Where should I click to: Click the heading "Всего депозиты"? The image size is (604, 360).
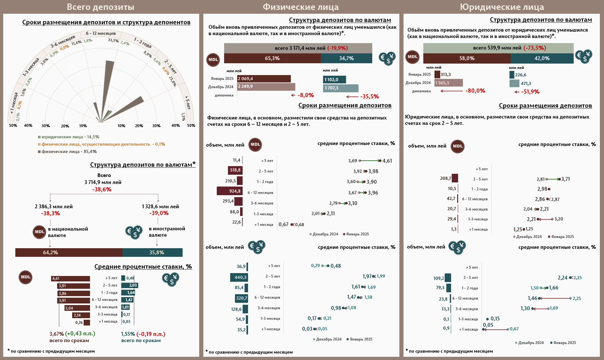[x=100, y=7]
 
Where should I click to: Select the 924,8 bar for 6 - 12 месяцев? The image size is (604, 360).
[x=230, y=191]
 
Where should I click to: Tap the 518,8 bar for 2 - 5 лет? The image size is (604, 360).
[x=235, y=170]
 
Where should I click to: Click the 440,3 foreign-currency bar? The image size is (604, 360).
[x=239, y=277]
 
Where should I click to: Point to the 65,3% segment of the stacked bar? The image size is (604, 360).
[x=272, y=58]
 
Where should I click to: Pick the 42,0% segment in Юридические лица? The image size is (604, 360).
[x=542, y=58]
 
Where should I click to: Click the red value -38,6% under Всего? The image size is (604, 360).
[x=102, y=189]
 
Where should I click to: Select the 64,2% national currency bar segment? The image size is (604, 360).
[x=69, y=252]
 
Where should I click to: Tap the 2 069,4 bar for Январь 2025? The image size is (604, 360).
[x=264, y=79]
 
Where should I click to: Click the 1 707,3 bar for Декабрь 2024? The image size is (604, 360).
[x=340, y=88]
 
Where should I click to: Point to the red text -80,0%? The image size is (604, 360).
[x=475, y=91]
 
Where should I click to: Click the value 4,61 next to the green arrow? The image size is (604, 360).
[x=387, y=161]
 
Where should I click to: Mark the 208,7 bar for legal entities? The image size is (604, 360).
[x=455, y=178]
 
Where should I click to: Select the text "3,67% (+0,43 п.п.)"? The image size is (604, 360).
[x=72, y=334]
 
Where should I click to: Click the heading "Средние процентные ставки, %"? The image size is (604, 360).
[x=143, y=267]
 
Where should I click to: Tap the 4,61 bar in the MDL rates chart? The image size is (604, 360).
[x=71, y=279]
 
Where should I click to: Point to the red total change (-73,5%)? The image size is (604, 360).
[x=535, y=48]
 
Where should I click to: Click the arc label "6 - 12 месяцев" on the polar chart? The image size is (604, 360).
[x=101, y=34]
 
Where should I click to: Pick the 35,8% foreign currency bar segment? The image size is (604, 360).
[x=153, y=252]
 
